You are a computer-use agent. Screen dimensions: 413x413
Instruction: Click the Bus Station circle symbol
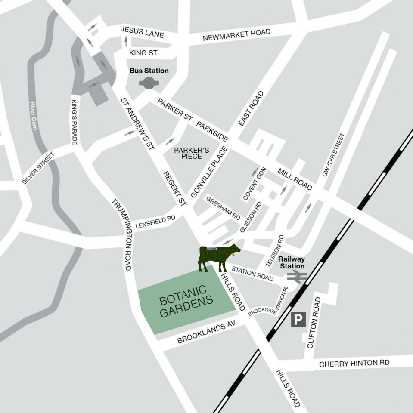(149, 83)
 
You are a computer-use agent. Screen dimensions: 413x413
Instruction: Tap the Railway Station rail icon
(297, 276)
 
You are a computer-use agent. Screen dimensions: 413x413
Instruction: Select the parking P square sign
(298, 320)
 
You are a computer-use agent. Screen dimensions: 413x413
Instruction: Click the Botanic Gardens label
(186, 301)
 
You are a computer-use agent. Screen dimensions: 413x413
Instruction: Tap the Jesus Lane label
(142, 32)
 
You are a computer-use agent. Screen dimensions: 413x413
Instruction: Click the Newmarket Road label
(236, 36)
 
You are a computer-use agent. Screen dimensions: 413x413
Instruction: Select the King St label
(143, 53)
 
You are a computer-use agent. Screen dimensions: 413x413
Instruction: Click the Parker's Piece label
(192, 153)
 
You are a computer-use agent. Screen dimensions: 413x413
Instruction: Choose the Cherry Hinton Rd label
(354, 364)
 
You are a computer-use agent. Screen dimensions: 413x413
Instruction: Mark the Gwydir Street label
(333, 155)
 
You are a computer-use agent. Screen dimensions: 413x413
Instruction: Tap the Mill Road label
(295, 179)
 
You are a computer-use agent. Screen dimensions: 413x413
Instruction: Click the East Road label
(251, 108)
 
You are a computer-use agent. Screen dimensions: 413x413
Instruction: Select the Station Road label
(252, 274)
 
